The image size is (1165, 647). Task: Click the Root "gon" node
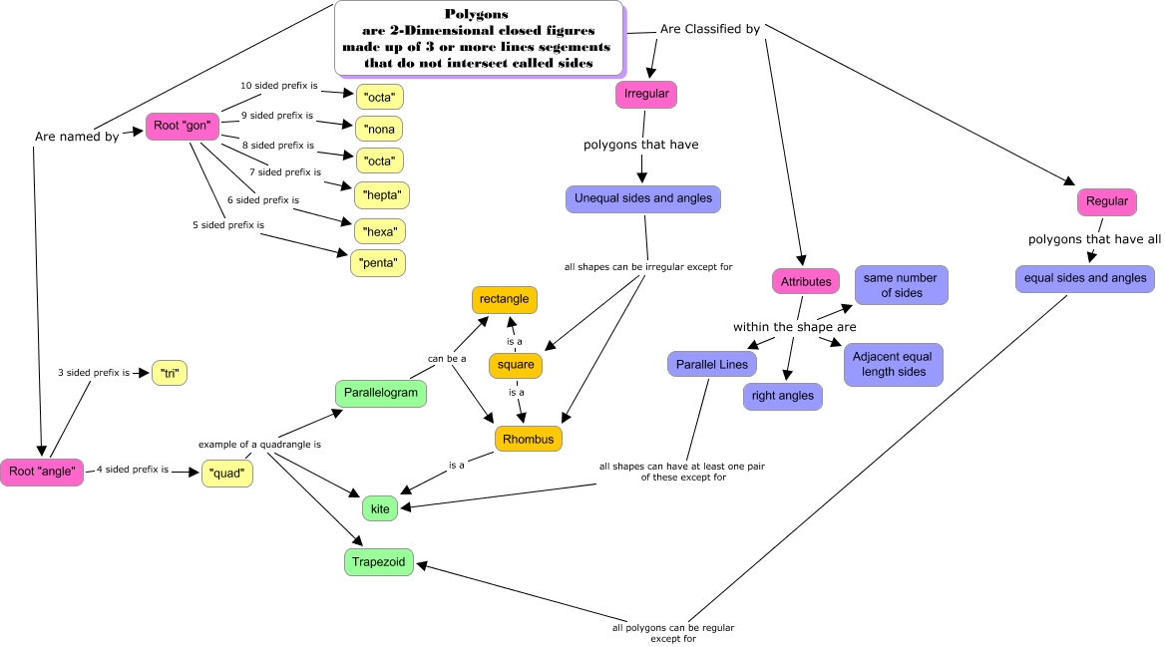click(x=181, y=127)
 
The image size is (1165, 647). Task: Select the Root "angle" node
click(x=42, y=472)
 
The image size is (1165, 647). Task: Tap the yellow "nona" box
click(x=379, y=129)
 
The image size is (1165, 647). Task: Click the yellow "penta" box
click(x=378, y=264)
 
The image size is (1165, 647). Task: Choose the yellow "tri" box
click(x=170, y=374)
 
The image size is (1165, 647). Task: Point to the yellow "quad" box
click(x=227, y=473)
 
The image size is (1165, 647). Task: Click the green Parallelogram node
click(x=380, y=393)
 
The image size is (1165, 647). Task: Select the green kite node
click(x=380, y=508)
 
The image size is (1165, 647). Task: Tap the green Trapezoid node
click(x=379, y=562)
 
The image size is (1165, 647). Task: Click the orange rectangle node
click(x=505, y=299)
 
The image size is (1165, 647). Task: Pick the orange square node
click(x=516, y=365)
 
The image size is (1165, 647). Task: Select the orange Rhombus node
click(x=529, y=438)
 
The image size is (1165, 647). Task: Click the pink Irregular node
click(x=646, y=95)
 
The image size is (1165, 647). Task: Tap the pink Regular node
click(x=1107, y=201)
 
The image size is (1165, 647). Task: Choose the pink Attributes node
click(x=806, y=282)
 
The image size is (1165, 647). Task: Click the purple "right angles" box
click(x=783, y=396)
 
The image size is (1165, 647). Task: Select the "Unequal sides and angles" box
click(x=643, y=198)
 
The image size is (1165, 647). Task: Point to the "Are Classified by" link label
click(x=710, y=29)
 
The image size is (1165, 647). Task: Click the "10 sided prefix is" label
click(x=279, y=86)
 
